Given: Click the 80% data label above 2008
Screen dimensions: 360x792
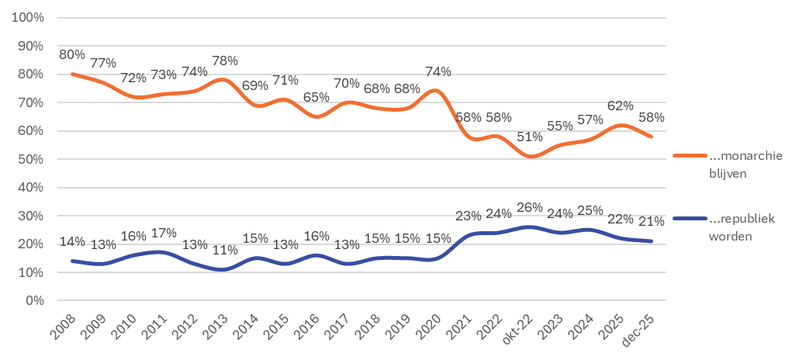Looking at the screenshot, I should point(71,55).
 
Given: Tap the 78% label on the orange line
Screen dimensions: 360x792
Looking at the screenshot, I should point(225,61).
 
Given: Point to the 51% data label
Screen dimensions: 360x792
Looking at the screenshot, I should point(531,137).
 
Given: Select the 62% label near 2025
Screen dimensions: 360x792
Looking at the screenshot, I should point(620,106).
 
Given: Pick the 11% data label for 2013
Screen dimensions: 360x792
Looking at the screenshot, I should point(225,251).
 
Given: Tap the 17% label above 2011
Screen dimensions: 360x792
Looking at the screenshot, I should point(164,233).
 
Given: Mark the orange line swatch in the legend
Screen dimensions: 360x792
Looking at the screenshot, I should point(687,156).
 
